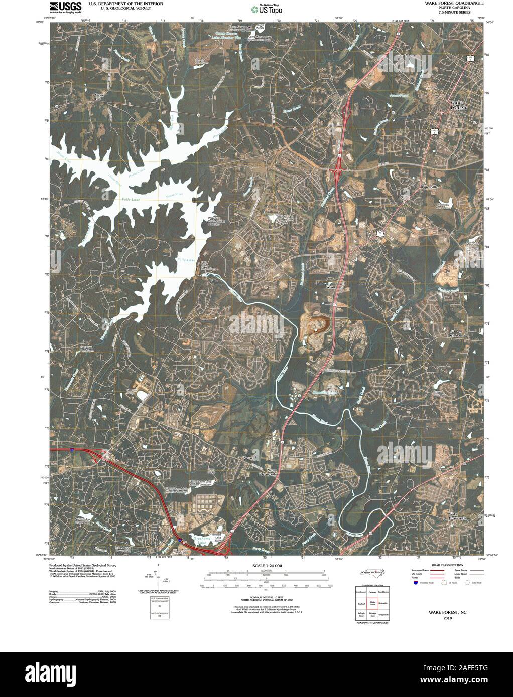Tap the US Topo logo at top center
click(x=270, y=8)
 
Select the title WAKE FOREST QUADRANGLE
click(x=450, y=3)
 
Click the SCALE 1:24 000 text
click(x=265, y=565)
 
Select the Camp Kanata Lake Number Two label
click(x=223, y=36)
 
